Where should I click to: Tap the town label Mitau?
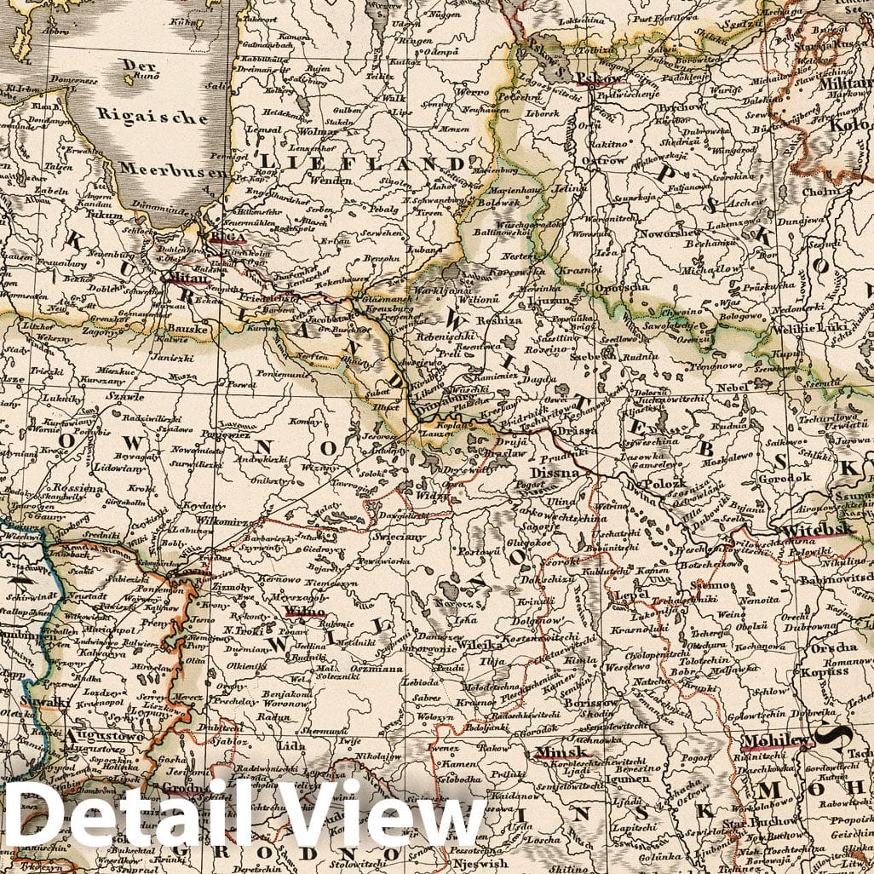tap(188, 278)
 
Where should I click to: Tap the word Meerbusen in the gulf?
tap(174, 168)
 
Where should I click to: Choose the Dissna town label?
tap(555, 471)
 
